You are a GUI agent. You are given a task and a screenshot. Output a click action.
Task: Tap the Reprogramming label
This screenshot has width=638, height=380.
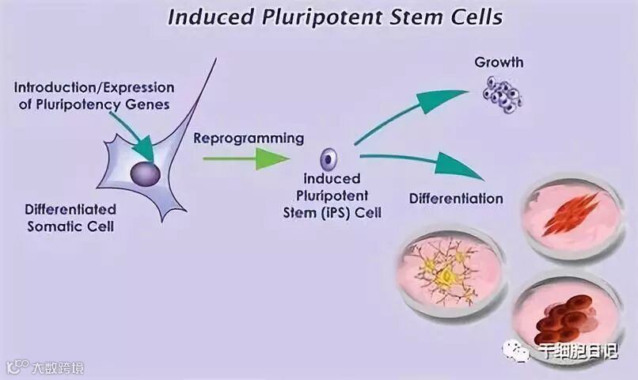click(249, 138)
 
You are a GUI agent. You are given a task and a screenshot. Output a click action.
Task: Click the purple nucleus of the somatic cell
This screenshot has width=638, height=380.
click(145, 173)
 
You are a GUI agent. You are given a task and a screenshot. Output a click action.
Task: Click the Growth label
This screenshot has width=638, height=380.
click(499, 62)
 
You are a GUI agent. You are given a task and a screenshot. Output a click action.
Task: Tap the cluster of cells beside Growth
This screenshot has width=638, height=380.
click(505, 94)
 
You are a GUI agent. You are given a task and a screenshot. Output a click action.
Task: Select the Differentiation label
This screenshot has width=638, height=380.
click(456, 198)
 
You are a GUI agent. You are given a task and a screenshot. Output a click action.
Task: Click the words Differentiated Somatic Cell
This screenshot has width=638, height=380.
click(70, 218)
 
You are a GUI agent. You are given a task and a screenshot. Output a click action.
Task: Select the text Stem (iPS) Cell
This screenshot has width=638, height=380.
click(332, 212)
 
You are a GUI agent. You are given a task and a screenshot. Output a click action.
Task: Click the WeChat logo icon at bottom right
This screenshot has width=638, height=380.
click(515, 351)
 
